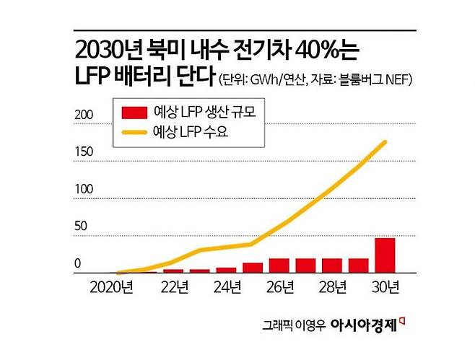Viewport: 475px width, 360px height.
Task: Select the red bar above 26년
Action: [279, 265]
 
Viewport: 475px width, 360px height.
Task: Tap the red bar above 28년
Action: [331, 265]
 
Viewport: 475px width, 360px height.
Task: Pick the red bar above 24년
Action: [226, 270]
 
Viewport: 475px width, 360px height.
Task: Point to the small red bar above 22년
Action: [173, 271]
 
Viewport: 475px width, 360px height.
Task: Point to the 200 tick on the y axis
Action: [85, 114]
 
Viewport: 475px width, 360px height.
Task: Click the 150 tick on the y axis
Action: [85, 152]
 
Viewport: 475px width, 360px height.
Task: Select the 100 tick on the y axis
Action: [85, 189]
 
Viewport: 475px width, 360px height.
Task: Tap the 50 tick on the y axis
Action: [82, 227]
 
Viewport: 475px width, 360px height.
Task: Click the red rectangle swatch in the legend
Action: [134, 112]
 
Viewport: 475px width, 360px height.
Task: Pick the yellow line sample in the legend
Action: [134, 132]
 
